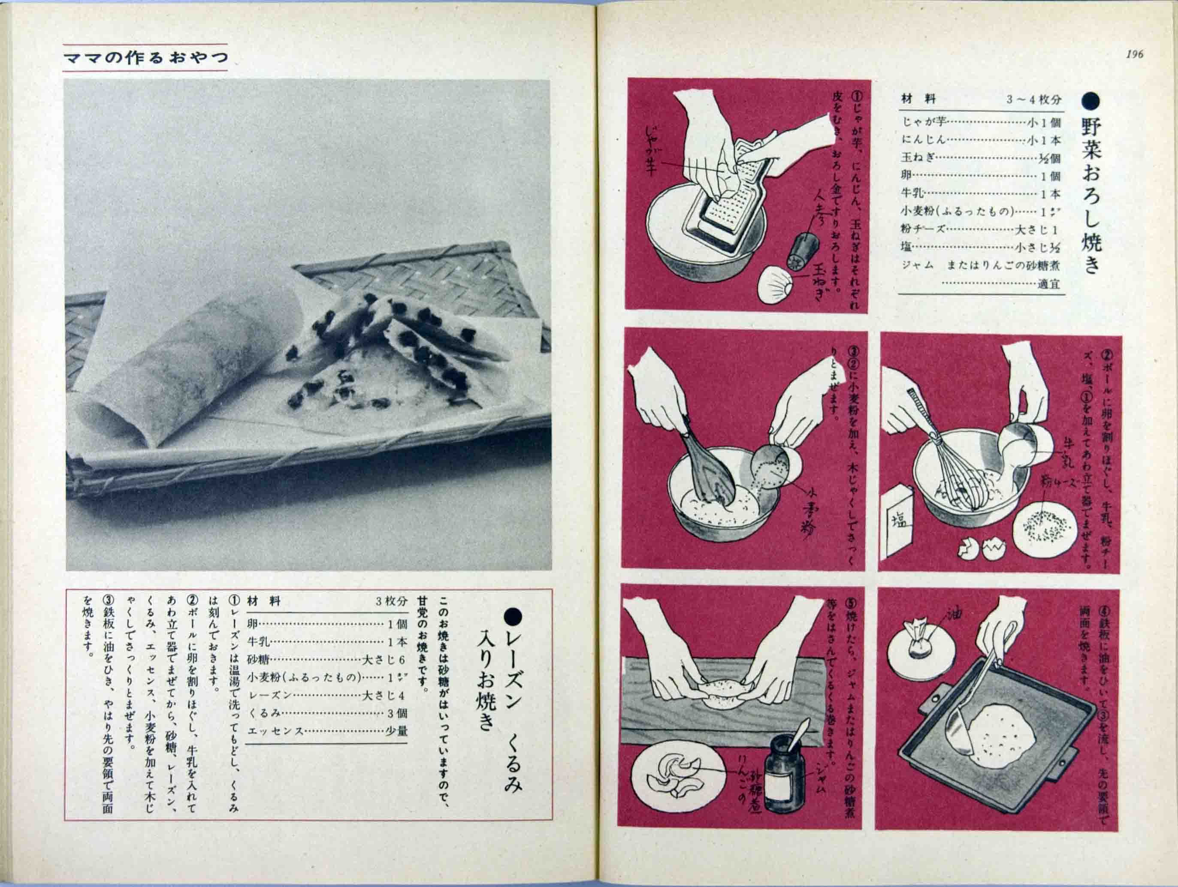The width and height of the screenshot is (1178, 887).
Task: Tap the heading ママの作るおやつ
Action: point(145,58)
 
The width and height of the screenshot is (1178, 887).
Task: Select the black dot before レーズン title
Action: point(514,616)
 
